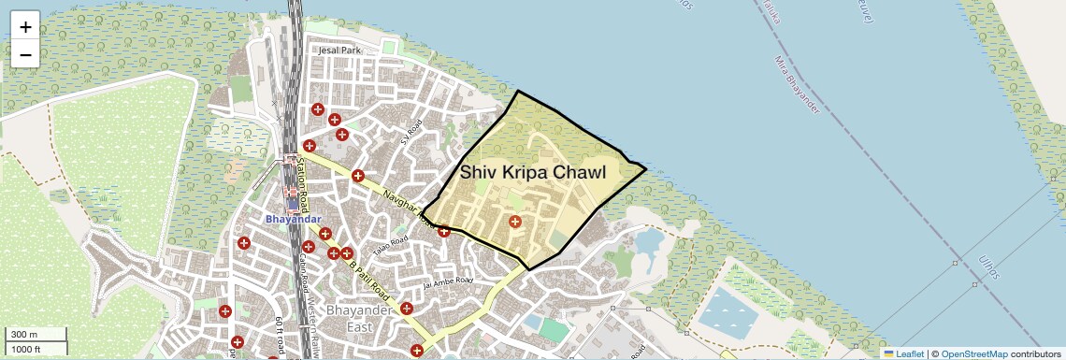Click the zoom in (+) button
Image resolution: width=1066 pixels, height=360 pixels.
(25, 27)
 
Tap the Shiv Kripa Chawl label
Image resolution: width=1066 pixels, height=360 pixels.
(533, 173)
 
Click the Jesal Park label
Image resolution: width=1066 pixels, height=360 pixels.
(339, 50)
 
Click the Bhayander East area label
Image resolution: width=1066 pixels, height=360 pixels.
(349, 318)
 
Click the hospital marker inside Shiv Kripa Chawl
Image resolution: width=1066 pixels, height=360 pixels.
(514, 222)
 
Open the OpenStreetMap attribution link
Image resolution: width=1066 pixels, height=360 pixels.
(973, 353)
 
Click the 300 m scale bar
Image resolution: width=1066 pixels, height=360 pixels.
(36, 335)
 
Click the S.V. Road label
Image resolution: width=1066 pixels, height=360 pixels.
(412, 132)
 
